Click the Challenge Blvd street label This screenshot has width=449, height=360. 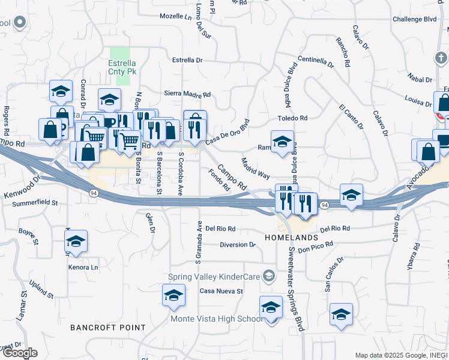pos(414,19)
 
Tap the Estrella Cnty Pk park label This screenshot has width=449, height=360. pos(122,67)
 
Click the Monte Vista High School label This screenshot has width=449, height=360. pos(215,319)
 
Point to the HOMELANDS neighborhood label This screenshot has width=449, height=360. pos(286,238)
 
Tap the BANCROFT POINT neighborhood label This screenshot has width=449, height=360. pos(107,328)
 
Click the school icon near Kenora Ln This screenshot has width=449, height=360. pos(76,242)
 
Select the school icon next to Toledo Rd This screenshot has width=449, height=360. pos(283,143)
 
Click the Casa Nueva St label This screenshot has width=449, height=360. pos(221,292)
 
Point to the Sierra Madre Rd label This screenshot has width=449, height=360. pos(187,94)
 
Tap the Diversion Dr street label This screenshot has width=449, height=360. pos(238,245)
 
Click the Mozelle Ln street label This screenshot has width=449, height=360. pos(175,16)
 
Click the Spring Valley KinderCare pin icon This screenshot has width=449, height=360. pos(270,277)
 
